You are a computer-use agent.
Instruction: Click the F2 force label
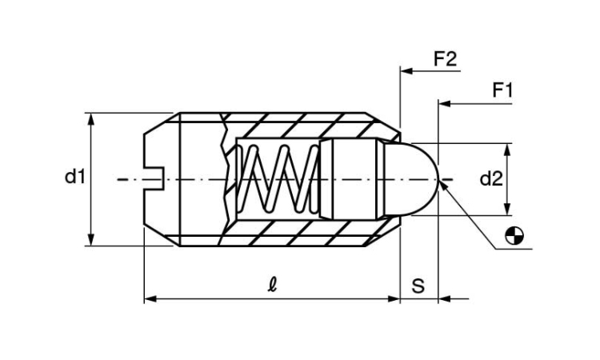(445, 59)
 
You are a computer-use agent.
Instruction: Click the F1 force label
(502, 90)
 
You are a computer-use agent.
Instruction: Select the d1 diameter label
(74, 177)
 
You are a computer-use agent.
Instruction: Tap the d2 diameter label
(491, 179)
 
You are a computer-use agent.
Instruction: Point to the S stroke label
(418, 286)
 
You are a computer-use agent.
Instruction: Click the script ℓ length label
(272, 285)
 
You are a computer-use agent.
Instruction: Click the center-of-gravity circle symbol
(514, 236)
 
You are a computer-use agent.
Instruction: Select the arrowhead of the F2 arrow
(406, 70)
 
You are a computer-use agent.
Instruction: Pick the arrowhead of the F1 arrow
(445, 103)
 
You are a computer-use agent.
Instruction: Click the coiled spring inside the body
(278, 179)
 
